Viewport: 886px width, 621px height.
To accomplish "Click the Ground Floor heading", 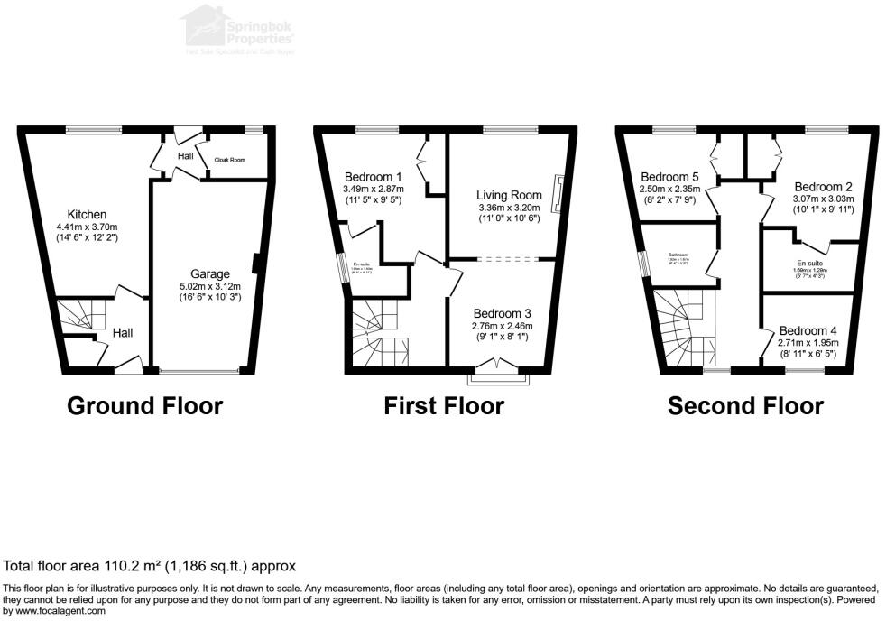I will click(145, 406).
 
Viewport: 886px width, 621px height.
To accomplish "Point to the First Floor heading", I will click(444, 406).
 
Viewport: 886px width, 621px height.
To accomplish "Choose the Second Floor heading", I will click(745, 406).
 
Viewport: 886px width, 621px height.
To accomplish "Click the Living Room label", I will click(510, 195).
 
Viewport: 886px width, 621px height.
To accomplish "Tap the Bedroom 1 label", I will click(373, 176).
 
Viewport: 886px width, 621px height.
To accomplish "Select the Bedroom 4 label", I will click(808, 330).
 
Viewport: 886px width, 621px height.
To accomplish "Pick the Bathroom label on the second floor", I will click(678, 255).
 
